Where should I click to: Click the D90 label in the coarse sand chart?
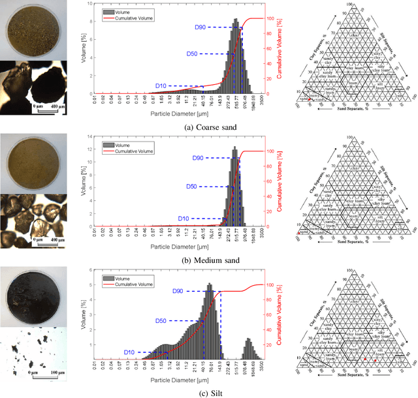coord(202,27)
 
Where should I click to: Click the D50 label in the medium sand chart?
coord(191,187)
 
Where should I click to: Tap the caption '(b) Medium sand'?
coord(209,260)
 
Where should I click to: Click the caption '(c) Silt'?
coord(209,393)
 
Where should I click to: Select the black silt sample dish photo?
coord(32,296)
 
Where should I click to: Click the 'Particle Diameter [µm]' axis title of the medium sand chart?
coord(178,247)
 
